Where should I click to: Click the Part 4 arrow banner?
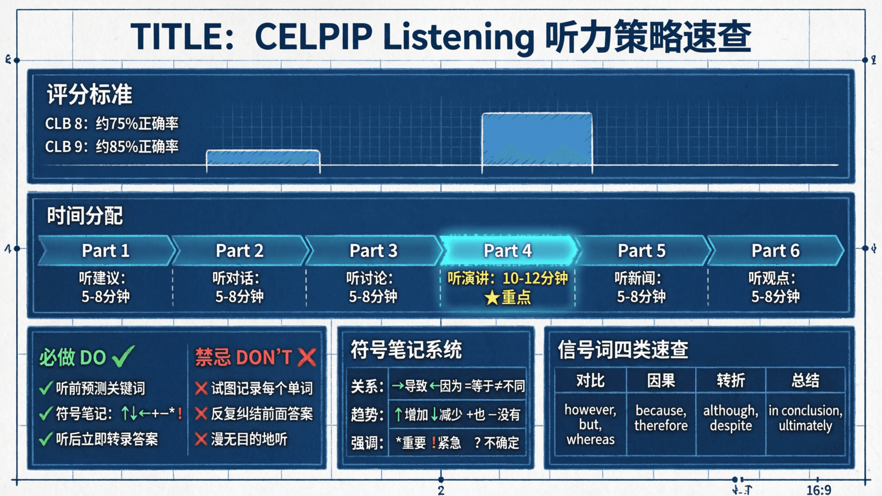pyautogui.click(x=508, y=251)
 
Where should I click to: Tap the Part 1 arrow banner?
pyautogui.click(x=106, y=251)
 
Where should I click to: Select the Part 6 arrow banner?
pyautogui.click(x=775, y=251)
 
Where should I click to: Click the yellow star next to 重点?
pyautogui.click(x=492, y=298)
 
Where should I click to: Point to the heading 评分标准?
pyautogui.click(x=90, y=95)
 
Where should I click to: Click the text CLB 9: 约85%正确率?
pyautogui.click(x=112, y=147)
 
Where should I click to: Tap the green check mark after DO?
pyautogui.click(x=123, y=356)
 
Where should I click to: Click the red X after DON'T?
pyautogui.click(x=307, y=357)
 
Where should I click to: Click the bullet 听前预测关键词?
pyautogui.click(x=100, y=389)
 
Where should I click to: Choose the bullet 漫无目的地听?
pyautogui.click(x=249, y=439)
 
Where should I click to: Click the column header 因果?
pyautogui.click(x=661, y=380)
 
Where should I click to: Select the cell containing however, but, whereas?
pyautogui.click(x=590, y=424)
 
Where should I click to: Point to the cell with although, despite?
pyautogui.click(x=730, y=418)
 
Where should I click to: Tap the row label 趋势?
pyautogui.click(x=367, y=415)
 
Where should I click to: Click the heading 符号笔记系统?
pyautogui.click(x=406, y=350)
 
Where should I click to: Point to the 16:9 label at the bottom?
pyautogui.click(x=819, y=490)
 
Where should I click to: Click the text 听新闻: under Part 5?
pyautogui.click(x=638, y=278)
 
